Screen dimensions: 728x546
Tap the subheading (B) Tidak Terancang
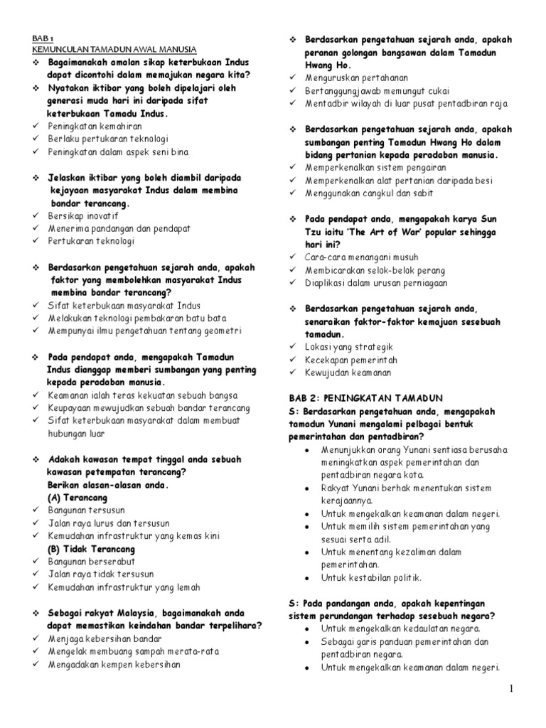90,550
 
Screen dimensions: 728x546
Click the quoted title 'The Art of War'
388,232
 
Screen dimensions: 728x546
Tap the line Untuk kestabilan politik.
371,577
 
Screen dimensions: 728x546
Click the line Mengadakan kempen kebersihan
114,665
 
